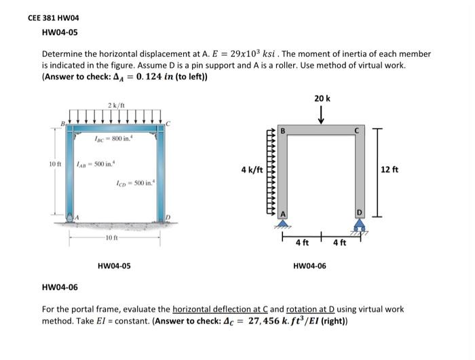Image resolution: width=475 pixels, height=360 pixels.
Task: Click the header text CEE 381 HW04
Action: [x=52, y=18]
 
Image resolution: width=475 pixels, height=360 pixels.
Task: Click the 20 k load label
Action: [x=322, y=99]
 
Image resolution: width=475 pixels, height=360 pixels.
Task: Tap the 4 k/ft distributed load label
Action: [x=250, y=169]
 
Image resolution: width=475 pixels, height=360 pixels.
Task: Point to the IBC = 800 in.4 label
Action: [x=113, y=138]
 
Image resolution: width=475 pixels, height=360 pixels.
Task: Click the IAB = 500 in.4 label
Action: [x=91, y=164]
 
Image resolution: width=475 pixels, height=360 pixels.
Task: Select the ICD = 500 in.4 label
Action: [x=136, y=182]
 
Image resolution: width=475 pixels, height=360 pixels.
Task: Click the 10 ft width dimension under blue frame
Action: [x=113, y=237]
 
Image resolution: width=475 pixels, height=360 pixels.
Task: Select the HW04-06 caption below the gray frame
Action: [x=309, y=266]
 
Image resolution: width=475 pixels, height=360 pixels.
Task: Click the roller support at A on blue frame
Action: [x=72, y=217]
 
